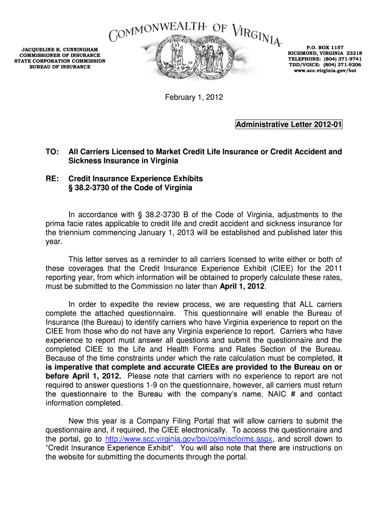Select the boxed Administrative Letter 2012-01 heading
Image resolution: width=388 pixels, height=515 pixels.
click(x=289, y=125)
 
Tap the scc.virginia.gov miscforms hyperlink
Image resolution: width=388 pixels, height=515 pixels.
click(x=188, y=439)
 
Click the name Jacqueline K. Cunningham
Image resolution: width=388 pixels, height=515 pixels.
click(x=59, y=49)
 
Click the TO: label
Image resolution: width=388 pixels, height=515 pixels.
click(x=52, y=151)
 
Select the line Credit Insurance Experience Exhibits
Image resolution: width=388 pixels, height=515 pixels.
click(x=136, y=179)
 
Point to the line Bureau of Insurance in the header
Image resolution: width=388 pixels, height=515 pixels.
click(x=59, y=67)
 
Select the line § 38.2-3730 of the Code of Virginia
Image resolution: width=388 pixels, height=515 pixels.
click(x=130, y=188)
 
